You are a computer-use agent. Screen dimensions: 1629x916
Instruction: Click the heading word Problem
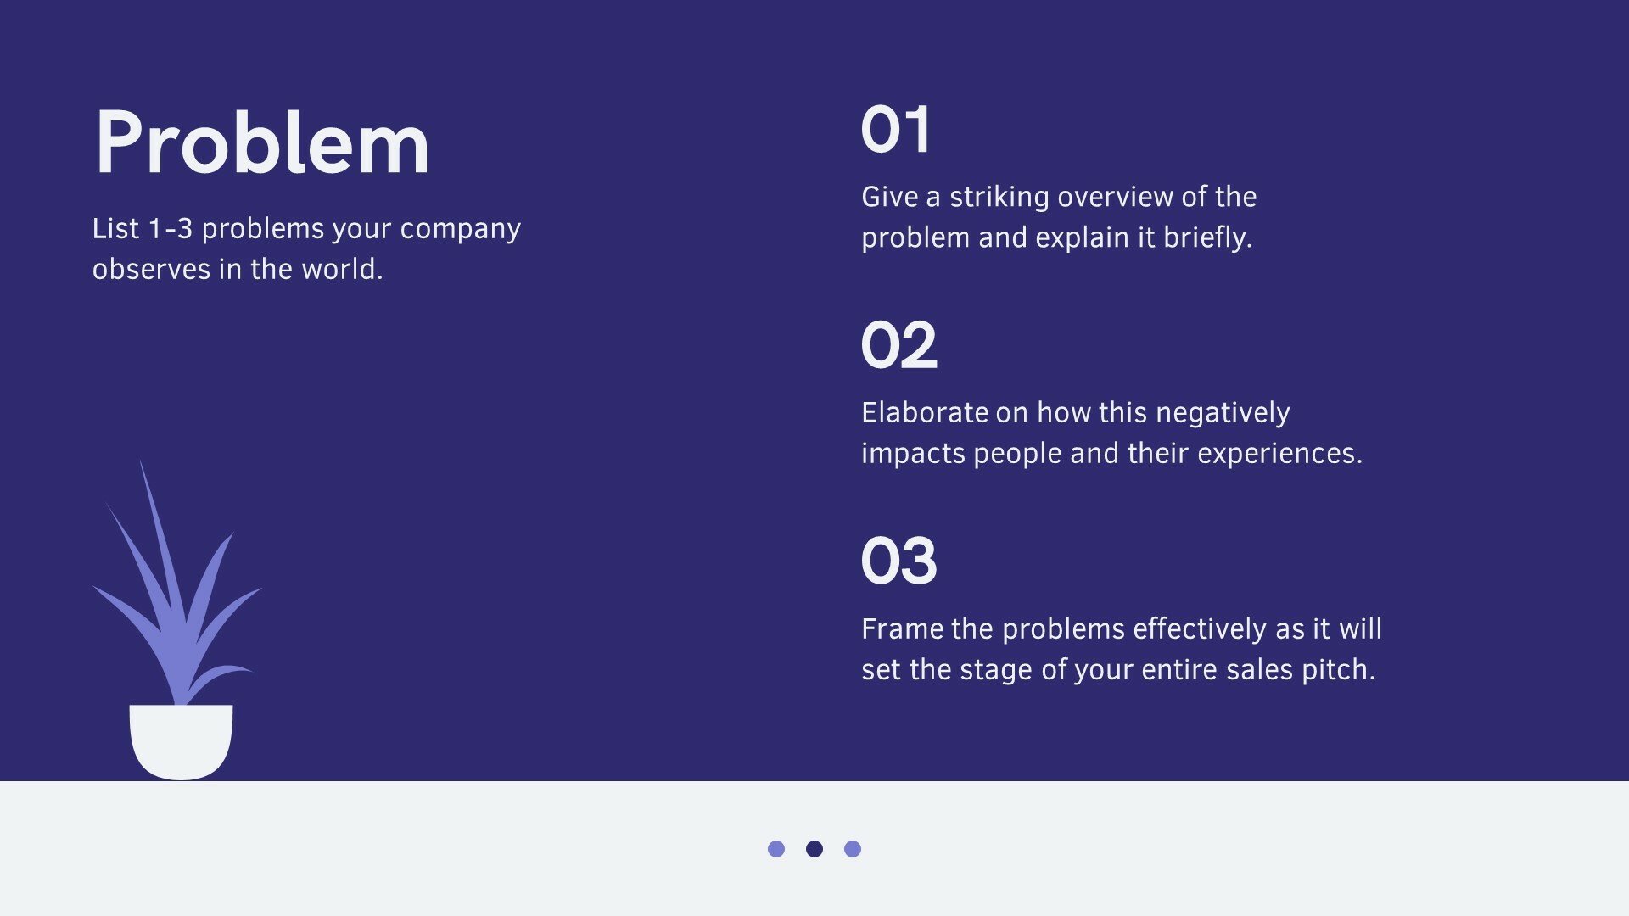pos(261,142)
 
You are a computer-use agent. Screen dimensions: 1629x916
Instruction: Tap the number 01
pos(895,130)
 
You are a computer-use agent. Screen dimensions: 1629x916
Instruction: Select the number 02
pos(898,346)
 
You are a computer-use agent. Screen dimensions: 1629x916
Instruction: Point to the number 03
pos(898,561)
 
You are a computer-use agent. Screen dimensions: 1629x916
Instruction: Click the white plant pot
pos(181,741)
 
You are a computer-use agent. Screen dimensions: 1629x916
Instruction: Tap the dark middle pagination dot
pos(814,849)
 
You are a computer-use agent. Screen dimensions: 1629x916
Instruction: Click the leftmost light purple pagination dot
pos(776,849)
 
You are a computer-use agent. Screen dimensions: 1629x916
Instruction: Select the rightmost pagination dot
pos(853,849)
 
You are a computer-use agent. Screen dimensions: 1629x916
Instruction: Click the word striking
pos(999,198)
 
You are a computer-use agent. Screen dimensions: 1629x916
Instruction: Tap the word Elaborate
pos(925,413)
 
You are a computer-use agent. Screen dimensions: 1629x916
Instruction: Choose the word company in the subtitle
pos(461,230)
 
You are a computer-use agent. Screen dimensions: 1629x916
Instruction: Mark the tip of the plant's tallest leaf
pos(141,461)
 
